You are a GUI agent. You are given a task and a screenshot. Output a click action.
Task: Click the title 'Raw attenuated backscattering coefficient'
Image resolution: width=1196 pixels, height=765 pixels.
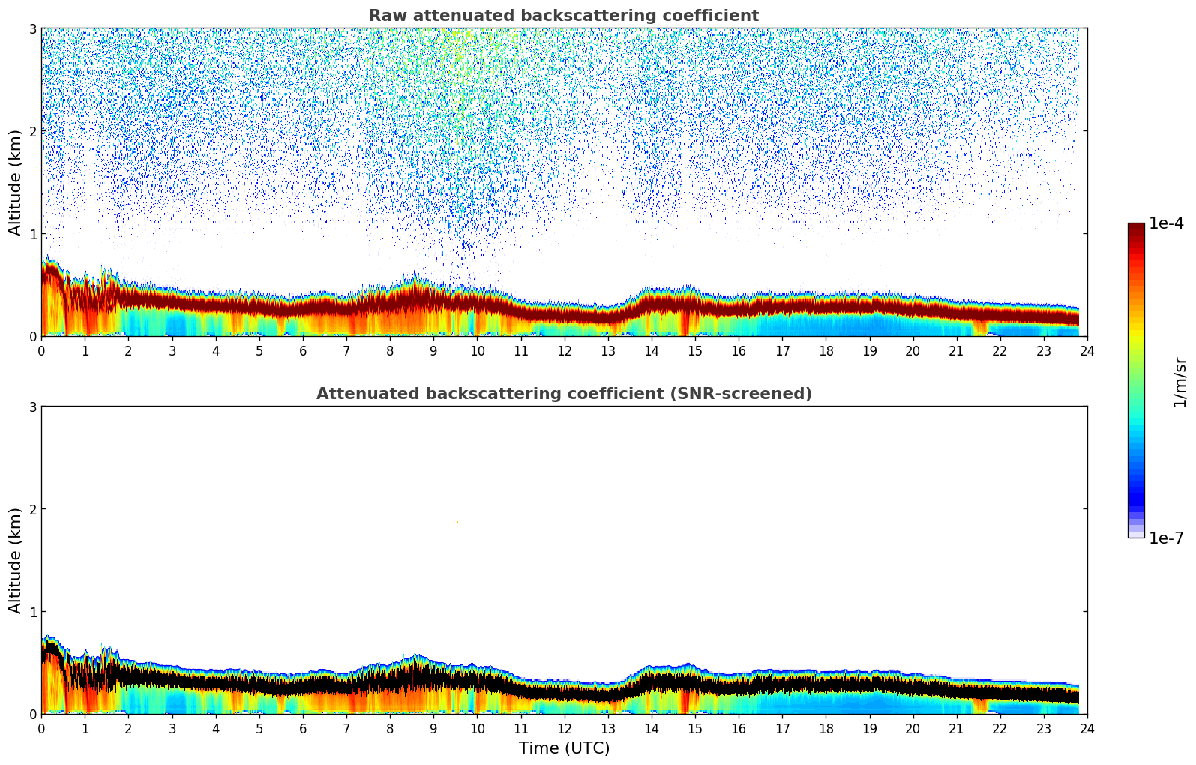(563, 16)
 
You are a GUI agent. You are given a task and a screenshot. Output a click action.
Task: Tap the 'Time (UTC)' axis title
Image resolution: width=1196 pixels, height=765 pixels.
(564, 748)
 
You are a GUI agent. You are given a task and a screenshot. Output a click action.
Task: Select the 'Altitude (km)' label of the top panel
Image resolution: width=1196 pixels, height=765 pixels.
(16, 182)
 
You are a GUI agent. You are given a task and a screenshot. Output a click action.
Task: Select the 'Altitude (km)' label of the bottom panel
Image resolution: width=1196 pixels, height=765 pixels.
(16, 560)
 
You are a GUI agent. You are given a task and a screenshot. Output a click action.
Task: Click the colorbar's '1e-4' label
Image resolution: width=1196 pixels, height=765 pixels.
(1166, 223)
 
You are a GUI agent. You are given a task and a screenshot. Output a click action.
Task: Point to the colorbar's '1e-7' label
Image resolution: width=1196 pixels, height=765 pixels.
(1166, 538)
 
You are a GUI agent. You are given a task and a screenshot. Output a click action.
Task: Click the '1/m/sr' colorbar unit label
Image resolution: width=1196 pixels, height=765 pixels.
(1180, 382)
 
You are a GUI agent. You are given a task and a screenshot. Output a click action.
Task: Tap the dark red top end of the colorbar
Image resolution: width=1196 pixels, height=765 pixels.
(1136, 226)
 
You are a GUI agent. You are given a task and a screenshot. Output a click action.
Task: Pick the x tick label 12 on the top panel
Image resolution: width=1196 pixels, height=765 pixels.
(564, 350)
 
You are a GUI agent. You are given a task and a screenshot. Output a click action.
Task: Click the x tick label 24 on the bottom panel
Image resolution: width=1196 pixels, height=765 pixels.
(1087, 728)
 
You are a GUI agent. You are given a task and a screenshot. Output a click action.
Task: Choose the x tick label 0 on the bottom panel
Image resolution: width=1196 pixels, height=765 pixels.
(41, 728)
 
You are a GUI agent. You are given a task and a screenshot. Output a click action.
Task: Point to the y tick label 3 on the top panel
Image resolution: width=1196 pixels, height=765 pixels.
(32, 28)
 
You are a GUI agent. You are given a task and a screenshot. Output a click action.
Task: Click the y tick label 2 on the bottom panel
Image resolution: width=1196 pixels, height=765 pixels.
(32, 509)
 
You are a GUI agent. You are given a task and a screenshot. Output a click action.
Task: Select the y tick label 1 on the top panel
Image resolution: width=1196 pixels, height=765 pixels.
(32, 234)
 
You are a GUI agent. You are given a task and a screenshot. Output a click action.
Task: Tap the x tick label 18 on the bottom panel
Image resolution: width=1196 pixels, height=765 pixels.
(826, 728)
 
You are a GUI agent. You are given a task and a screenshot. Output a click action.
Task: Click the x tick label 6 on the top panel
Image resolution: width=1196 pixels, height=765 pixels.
(303, 350)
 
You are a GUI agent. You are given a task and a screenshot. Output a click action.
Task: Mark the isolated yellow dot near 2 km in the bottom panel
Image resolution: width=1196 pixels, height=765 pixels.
(457, 521)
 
